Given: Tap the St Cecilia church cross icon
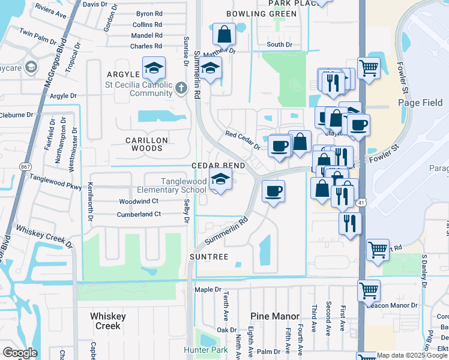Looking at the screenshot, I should (181, 89).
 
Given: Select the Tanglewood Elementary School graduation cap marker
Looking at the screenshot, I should (220, 179).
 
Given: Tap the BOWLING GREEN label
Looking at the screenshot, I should (261, 14).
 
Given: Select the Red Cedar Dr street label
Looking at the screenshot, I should (243, 140).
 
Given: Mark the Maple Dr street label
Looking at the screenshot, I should (208, 289).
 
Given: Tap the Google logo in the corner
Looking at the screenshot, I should (20, 353).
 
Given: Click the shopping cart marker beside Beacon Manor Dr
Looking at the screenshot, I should (368, 291).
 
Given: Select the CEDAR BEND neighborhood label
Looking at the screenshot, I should (218, 166).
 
